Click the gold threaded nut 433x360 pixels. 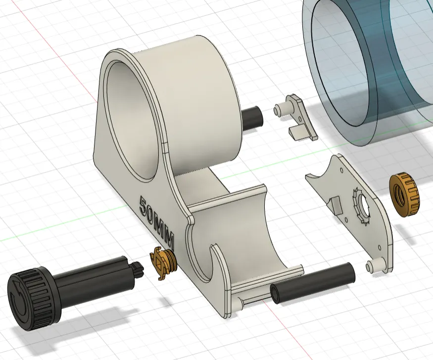(x=404, y=194)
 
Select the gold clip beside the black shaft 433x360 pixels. (x=163, y=262)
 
